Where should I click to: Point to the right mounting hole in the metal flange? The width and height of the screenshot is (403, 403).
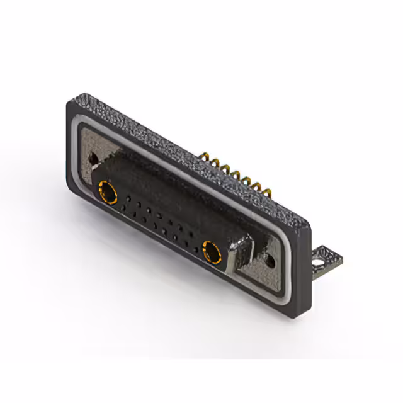pyautogui.click(x=271, y=258)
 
